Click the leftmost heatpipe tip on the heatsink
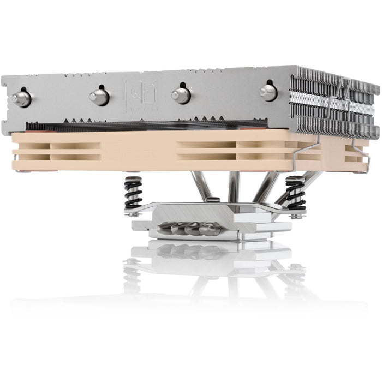point(21,99)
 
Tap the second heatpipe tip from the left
point(99,97)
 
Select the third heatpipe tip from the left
point(181,94)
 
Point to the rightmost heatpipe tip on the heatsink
point(268,91)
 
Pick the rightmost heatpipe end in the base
point(210,229)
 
